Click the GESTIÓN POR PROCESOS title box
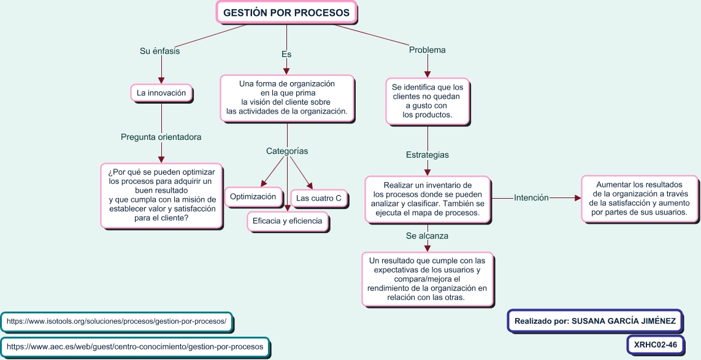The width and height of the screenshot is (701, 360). [x=286, y=12]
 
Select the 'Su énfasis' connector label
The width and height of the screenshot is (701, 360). [x=160, y=52]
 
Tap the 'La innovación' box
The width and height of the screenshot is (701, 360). [x=161, y=93]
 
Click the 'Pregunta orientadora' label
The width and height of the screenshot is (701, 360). [x=161, y=137]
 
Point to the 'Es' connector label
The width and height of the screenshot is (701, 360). [x=286, y=54]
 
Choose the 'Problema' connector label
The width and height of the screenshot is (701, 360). [x=427, y=50]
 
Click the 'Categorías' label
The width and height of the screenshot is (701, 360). [x=287, y=151]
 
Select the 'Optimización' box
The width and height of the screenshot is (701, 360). [x=255, y=197]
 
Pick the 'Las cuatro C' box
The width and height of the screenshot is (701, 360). [x=318, y=198]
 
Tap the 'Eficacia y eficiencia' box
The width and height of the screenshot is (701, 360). [x=287, y=221]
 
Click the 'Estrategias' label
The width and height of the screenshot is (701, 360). [x=427, y=155]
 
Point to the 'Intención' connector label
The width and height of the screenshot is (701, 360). [x=531, y=197]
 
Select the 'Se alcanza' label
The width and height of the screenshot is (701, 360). [x=427, y=236]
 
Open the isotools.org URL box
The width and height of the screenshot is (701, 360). [x=117, y=321]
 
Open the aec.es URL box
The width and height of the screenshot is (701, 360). [x=135, y=347]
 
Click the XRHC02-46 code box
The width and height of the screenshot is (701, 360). [x=656, y=345]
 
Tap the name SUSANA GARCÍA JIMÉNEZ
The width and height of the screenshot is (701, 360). [x=623, y=321]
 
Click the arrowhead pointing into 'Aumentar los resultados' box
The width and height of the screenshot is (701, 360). [x=577, y=198]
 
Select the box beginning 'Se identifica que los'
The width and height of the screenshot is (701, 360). [x=427, y=101]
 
